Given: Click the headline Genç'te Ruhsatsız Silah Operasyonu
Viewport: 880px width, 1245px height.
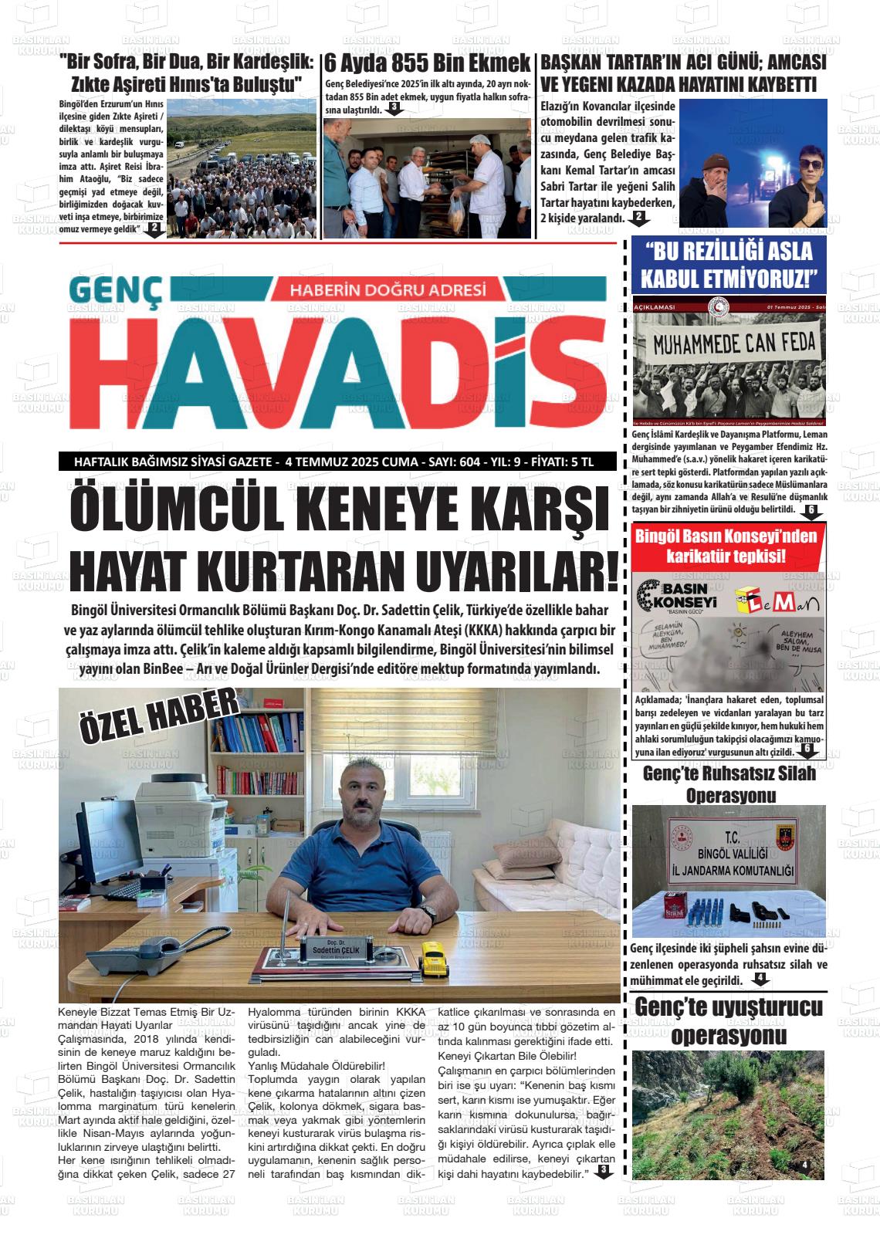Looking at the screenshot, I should tap(729, 784).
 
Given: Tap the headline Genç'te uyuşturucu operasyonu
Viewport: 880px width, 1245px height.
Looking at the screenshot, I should tap(729, 1020).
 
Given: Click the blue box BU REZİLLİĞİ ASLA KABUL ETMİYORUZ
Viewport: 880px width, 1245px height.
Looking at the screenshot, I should tap(729, 263).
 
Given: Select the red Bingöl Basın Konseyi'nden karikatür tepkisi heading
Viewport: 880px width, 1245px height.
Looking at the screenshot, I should tap(729, 545).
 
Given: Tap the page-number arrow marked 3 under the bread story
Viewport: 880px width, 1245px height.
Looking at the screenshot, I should tap(394, 109).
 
